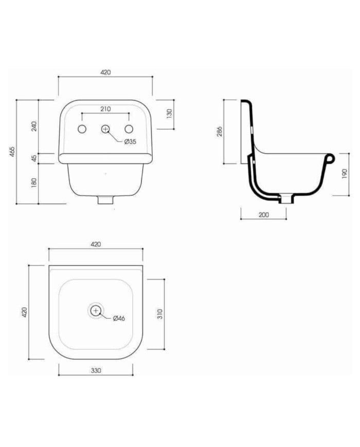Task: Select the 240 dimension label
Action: click(34, 126)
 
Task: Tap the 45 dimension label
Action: click(34, 158)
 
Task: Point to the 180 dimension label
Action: click(34, 183)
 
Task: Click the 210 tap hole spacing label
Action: click(105, 109)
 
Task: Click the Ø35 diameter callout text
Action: click(130, 141)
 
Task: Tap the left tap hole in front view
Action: click(82, 129)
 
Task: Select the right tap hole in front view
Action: click(129, 129)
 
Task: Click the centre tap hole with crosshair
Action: click(105, 129)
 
